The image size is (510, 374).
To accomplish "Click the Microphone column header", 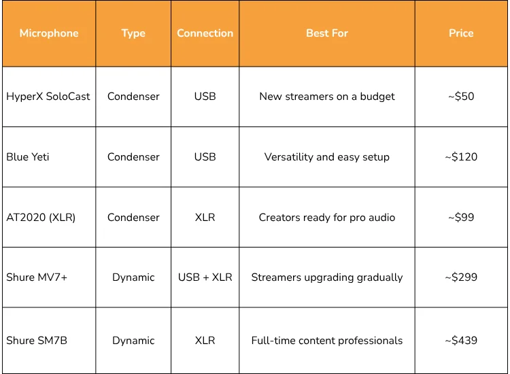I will tap(49, 33).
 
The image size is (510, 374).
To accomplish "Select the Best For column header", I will tap(327, 33).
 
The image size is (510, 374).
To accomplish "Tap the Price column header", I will tap(461, 33).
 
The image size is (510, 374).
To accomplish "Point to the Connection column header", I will tap(205, 33).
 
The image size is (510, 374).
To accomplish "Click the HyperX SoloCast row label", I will tap(48, 97).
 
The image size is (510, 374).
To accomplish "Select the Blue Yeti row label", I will tap(28, 157).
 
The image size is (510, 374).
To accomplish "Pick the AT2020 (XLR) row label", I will tap(41, 218).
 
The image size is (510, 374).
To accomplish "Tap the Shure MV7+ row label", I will tap(37, 277).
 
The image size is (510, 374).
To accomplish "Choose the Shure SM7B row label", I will tap(37, 341).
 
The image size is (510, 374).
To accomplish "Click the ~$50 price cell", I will tap(461, 97).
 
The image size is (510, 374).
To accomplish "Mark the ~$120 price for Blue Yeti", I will tap(461, 157).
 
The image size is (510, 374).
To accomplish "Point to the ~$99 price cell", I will tap(461, 218).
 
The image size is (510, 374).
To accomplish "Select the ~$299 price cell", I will tap(461, 277).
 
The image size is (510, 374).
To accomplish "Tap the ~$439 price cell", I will tap(461, 341).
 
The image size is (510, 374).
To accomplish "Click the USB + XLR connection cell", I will tap(205, 277).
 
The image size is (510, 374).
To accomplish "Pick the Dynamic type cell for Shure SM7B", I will tap(133, 341).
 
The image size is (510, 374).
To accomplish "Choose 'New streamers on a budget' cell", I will tap(327, 97).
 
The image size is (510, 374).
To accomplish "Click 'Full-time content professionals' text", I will tap(327, 341).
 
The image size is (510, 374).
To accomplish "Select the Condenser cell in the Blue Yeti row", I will tap(133, 157).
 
